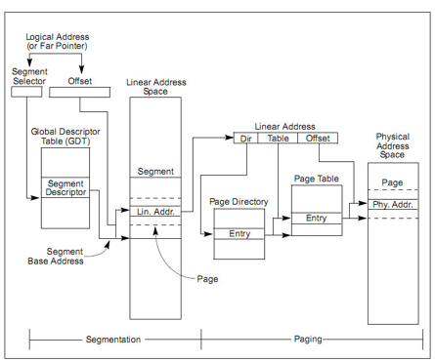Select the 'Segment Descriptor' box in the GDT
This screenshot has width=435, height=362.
click(x=66, y=187)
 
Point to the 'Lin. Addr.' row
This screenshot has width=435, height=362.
click(x=155, y=212)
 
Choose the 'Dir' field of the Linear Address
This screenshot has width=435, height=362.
click(x=246, y=139)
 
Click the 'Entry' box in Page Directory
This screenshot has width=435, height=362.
click(x=239, y=234)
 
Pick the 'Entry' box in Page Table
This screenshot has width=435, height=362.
click(x=316, y=218)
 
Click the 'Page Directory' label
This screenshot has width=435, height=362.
click(x=239, y=200)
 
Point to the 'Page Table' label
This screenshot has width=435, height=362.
click(x=316, y=179)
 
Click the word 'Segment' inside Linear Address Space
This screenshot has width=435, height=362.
click(x=155, y=170)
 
